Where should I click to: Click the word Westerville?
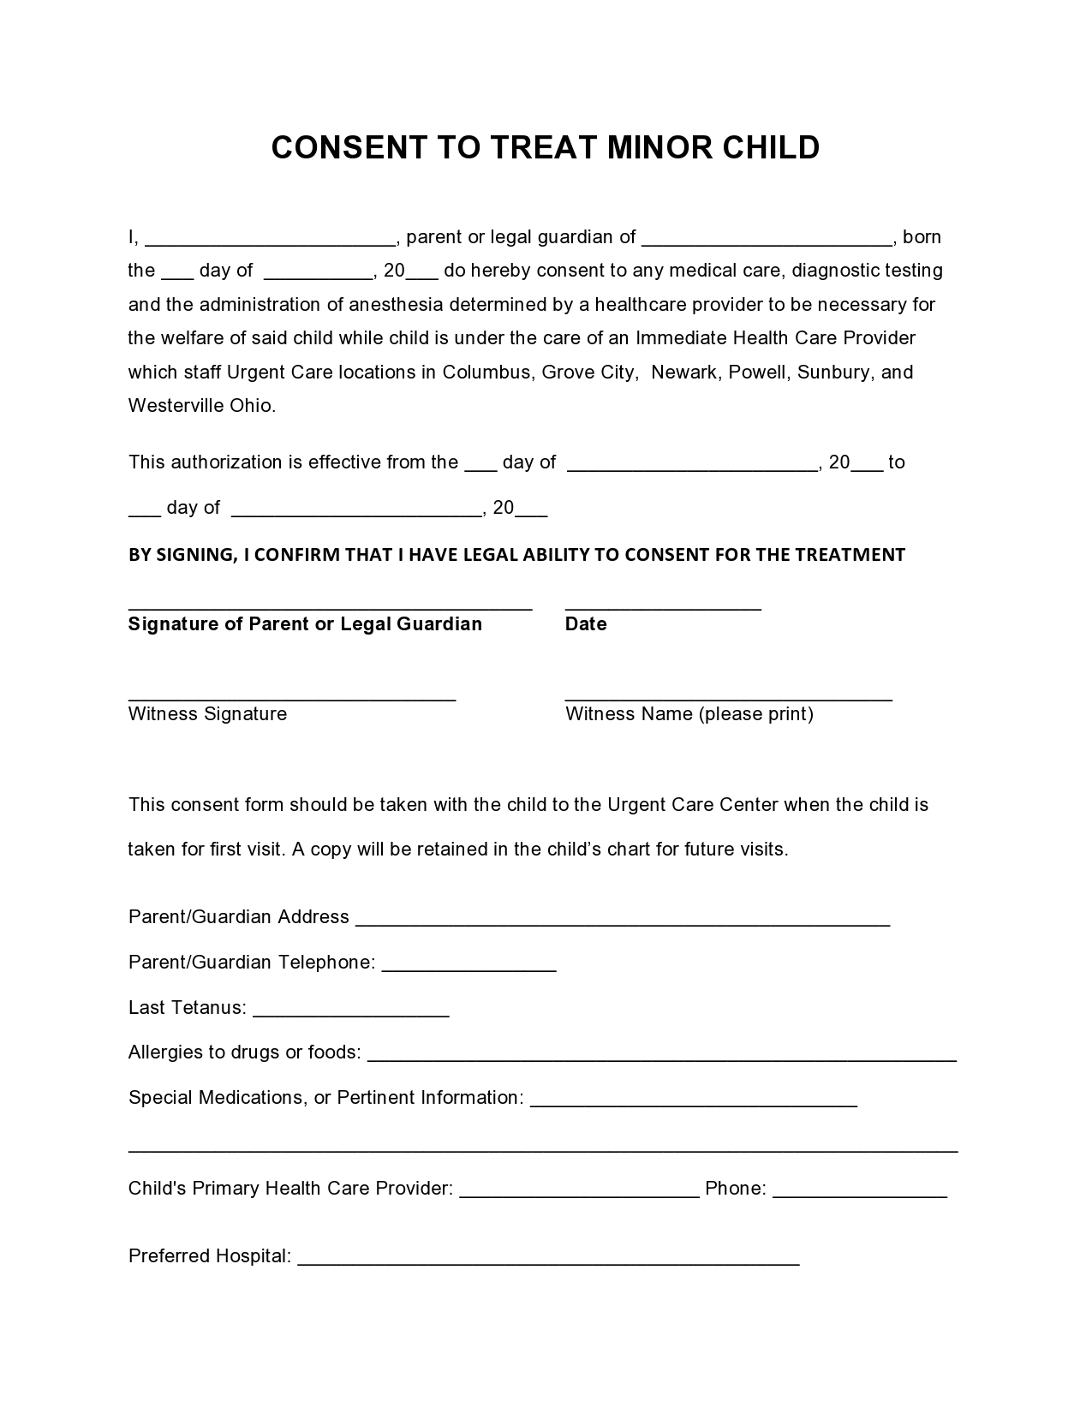(x=176, y=406)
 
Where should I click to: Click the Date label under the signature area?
(x=586, y=624)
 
